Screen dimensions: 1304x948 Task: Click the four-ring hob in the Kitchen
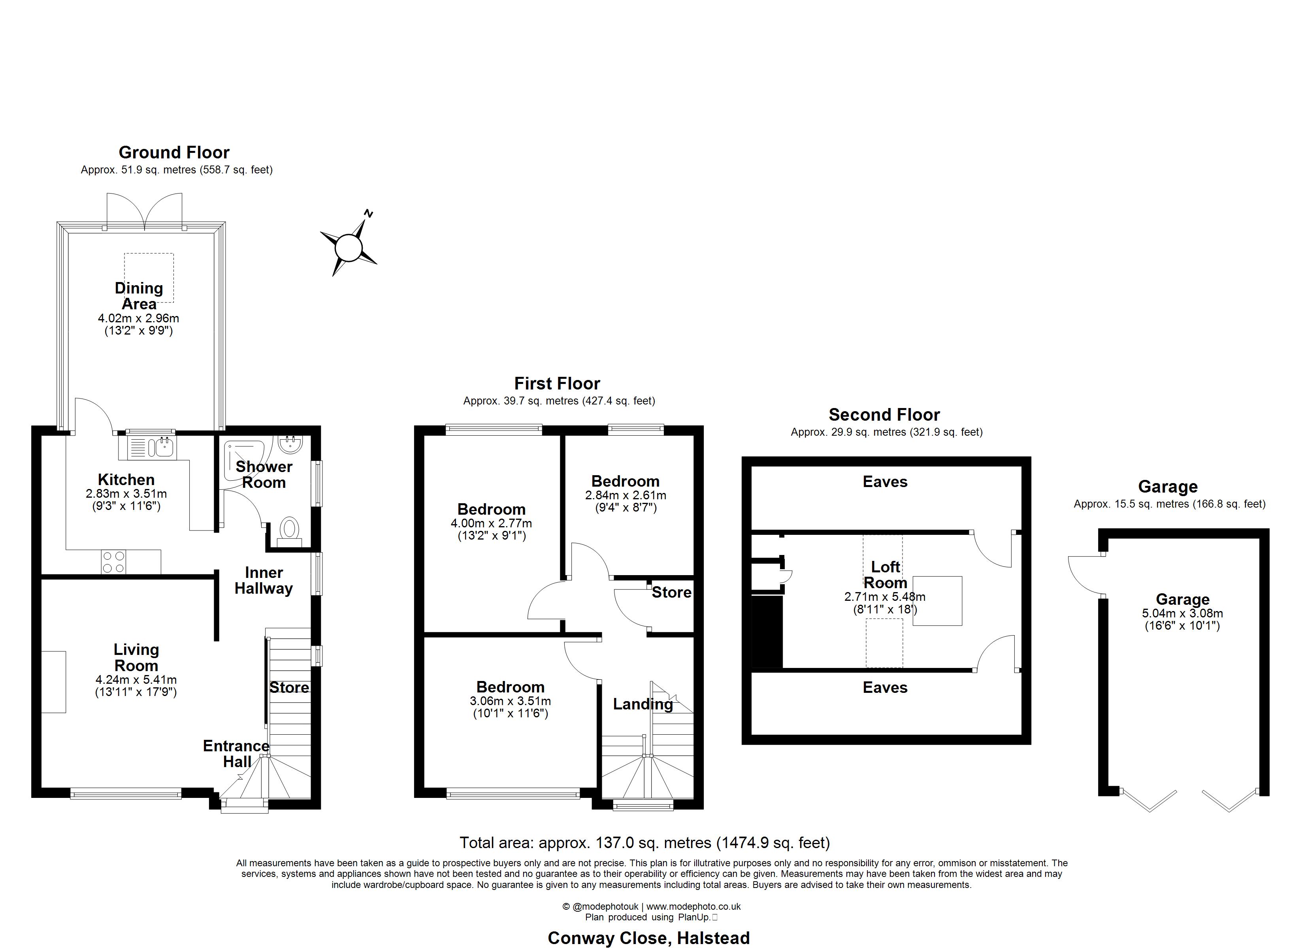[x=113, y=562]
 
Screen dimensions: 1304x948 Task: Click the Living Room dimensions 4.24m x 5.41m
[x=136, y=679]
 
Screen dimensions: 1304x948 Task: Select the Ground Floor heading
[x=174, y=152]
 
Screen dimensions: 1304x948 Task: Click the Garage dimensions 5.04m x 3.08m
[x=1183, y=613]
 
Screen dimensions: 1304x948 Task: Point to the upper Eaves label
[x=885, y=482]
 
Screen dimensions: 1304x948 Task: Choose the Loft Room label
[x=886, y=575]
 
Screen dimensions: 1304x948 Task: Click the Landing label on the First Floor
[x=643, y=704]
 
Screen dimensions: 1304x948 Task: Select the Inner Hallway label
[x=264, y=581]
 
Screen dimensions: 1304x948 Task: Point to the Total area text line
[x=644, y=843]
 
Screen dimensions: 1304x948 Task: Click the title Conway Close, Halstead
[x=648, y=938]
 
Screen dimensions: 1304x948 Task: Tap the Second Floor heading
[x=884, y=414]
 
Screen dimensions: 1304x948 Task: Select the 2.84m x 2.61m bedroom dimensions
[x=626, y=495]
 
